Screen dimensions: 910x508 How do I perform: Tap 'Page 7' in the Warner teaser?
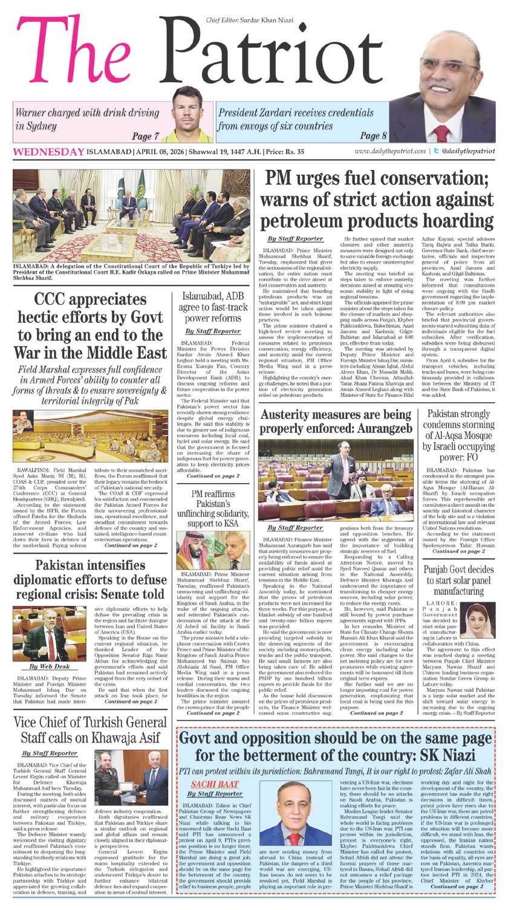(x=146, y=137)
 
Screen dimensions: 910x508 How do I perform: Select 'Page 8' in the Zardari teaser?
(x=373, y=135)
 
